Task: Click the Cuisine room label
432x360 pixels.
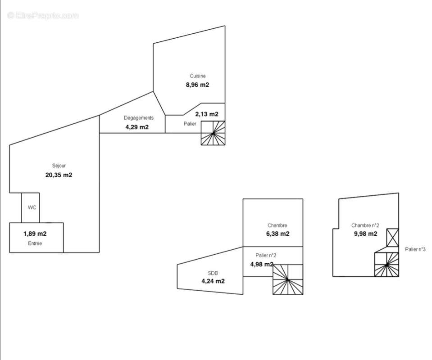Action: coord(198,76)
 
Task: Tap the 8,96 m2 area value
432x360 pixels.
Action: coord(198,85)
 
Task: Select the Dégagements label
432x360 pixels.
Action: coord(139,118)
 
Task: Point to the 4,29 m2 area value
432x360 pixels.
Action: coord(137,127)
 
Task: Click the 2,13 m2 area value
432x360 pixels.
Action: coord(207,114)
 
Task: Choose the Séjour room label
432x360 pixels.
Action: coord(59,166)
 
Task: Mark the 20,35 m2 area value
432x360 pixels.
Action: coord(59,175)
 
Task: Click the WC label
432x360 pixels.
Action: coord(32,207)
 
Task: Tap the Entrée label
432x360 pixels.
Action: coord(35,243)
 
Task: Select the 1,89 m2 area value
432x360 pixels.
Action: coord(35,234)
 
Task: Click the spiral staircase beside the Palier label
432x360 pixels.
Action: coord(213,133)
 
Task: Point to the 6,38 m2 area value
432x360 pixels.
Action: coord(277,234)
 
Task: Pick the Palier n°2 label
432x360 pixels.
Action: coord(266,256)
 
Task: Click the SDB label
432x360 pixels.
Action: coord(213,273)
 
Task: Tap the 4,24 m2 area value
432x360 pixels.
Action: coord(213,281)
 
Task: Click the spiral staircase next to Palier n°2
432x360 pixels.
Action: coord(288,279)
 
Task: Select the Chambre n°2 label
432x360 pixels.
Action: coord(365,225)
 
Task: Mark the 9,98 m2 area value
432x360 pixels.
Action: coord(366,234)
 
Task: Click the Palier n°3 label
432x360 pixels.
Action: coord(415,249)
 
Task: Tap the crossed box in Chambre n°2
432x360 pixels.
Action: coord(393,238)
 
